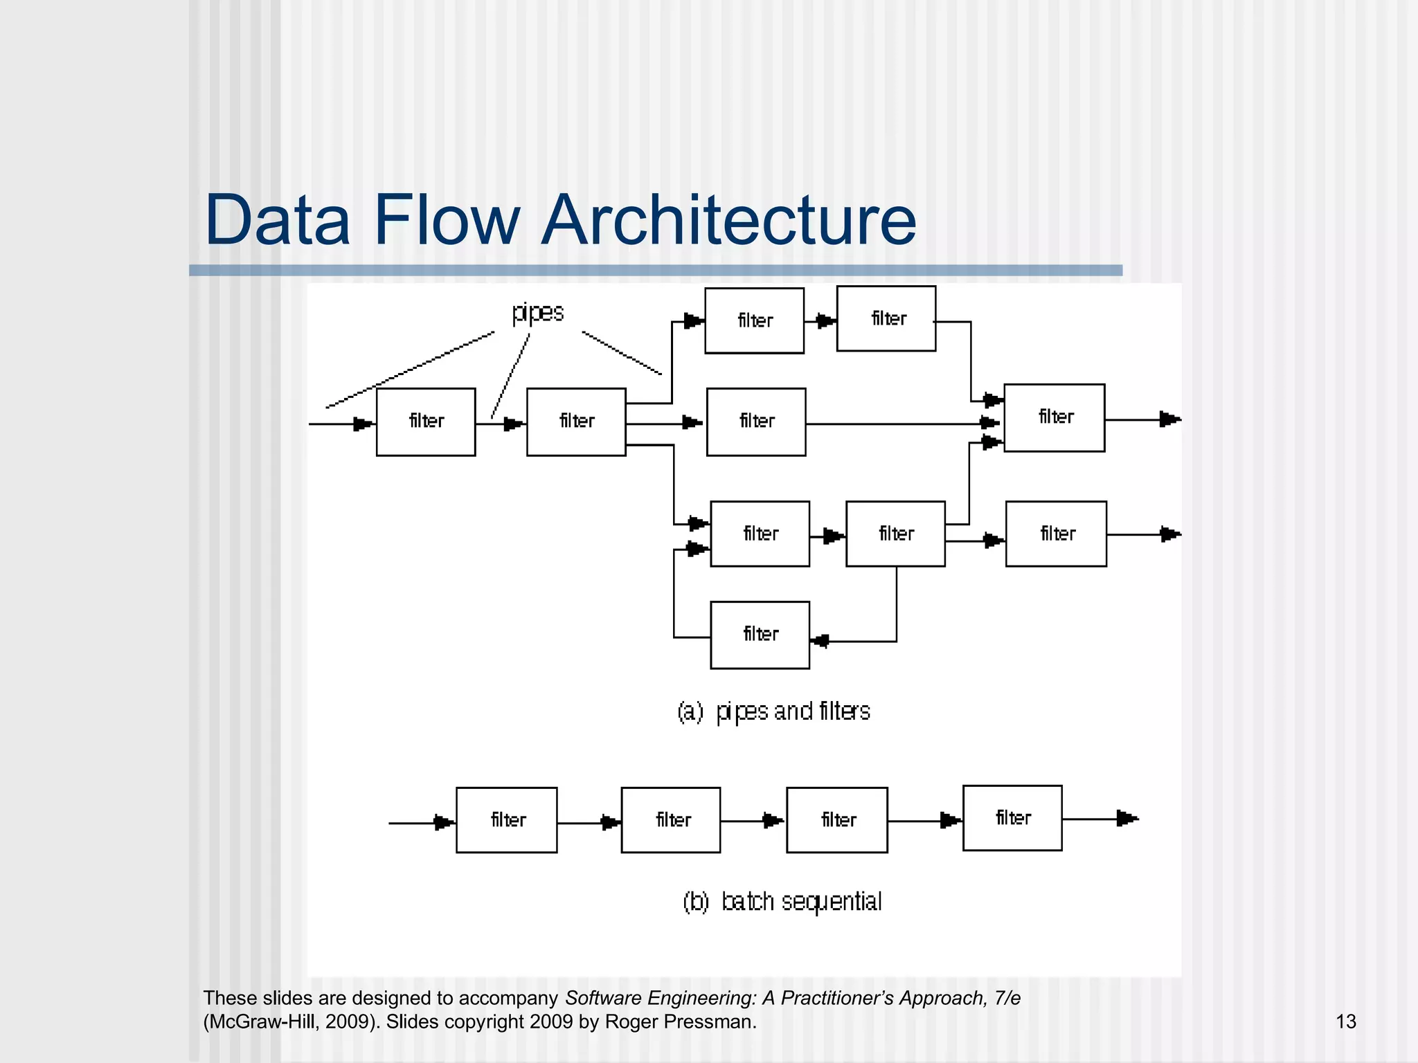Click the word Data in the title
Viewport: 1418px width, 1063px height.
[277, 220]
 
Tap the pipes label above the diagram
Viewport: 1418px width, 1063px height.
[538, 313]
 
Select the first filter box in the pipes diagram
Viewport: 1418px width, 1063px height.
[426, 421]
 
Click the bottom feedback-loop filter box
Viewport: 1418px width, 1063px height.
[760, 635]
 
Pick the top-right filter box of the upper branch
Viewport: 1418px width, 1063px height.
[886, 318]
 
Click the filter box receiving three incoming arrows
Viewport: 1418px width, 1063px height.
[1054, 417]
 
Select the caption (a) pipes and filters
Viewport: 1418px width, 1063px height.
[773, 711]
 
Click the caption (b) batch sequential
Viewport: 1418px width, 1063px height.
[782, 902]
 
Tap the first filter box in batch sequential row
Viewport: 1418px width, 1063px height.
[506, 820]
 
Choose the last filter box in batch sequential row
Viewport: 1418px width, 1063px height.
[1012, 818]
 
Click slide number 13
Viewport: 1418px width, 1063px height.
[1345, 1021]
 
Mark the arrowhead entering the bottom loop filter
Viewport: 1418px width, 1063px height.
[820, 641]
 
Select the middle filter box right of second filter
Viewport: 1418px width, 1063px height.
[756, 421]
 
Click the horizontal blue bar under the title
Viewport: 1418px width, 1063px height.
[655, 271]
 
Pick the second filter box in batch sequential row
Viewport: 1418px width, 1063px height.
[671, 820]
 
